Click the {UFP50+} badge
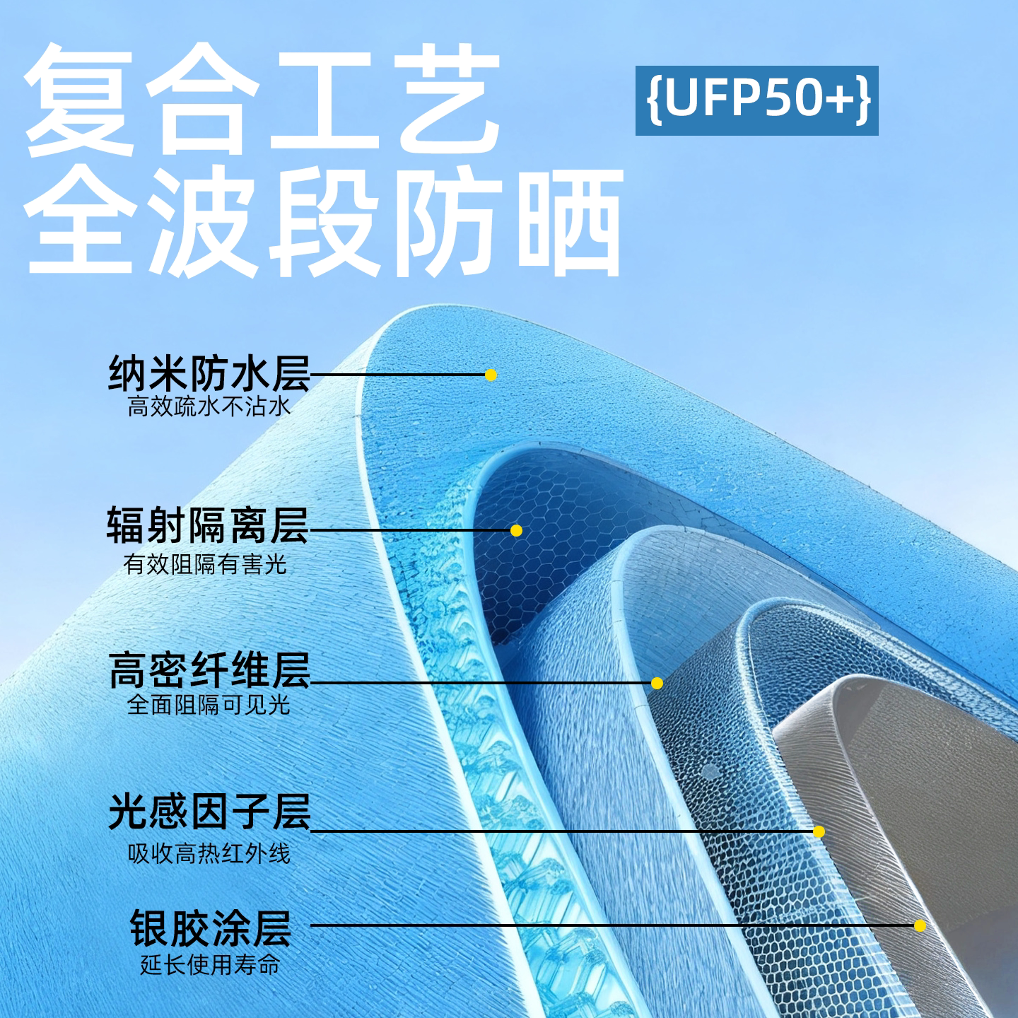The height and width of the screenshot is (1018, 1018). (756, 100)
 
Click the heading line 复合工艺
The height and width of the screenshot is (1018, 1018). (263, 99)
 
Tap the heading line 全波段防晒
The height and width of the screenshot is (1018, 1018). (325, 221)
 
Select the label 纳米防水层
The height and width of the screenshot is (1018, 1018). (209, 373)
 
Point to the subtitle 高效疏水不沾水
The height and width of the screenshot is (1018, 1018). (209, 407)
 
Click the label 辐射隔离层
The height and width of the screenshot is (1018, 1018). (208, 526)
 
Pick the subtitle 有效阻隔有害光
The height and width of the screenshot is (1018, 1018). (205, 564)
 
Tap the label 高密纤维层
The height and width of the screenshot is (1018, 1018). (209, 670)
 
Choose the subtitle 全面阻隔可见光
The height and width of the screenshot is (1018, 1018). (209, 705)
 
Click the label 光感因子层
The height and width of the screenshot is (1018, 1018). (209, 812)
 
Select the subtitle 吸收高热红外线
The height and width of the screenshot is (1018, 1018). (209, 853)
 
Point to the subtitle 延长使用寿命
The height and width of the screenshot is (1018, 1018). (210, 964)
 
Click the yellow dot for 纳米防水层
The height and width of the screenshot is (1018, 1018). (491, 375)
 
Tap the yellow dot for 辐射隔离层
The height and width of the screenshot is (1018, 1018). (516, 530)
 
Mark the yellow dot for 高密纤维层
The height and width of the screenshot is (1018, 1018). (657, 683)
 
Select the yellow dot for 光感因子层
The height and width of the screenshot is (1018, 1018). (819, 832)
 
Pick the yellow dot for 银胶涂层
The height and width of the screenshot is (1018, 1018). (920, 925)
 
